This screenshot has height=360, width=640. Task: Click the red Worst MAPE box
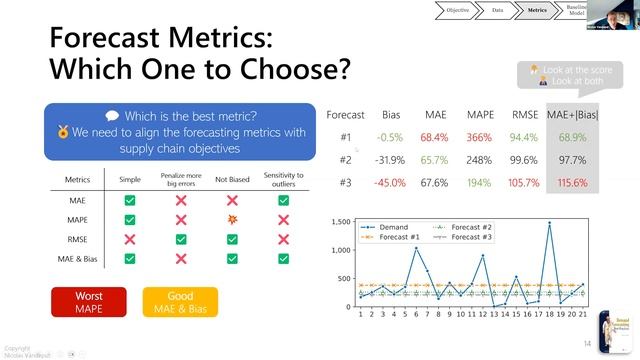pos(90,302)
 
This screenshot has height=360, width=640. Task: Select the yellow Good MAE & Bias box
pos(180,302)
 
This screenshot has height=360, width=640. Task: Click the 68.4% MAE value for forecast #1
pos(434,137)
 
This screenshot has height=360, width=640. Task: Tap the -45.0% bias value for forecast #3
pos(389,182)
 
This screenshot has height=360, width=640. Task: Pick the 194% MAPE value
pos(478,182)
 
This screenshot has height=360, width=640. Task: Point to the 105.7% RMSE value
pos(524,182)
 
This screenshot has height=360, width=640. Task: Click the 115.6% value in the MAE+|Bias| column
pos(571,182)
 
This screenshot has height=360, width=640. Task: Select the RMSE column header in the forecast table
pos(524,115)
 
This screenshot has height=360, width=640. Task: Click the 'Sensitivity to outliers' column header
pos(283,179)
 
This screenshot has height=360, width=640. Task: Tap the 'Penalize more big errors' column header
pos(182,179)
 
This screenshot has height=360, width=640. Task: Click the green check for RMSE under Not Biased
pos(232,239)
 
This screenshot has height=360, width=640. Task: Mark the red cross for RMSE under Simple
pos(130,239)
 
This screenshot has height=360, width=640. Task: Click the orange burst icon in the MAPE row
pos(232,220)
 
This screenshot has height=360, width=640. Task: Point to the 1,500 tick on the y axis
pos(343,221)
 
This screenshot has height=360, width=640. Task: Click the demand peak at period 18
pos(549,224)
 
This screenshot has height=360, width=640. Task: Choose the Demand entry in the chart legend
pos(390,227)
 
